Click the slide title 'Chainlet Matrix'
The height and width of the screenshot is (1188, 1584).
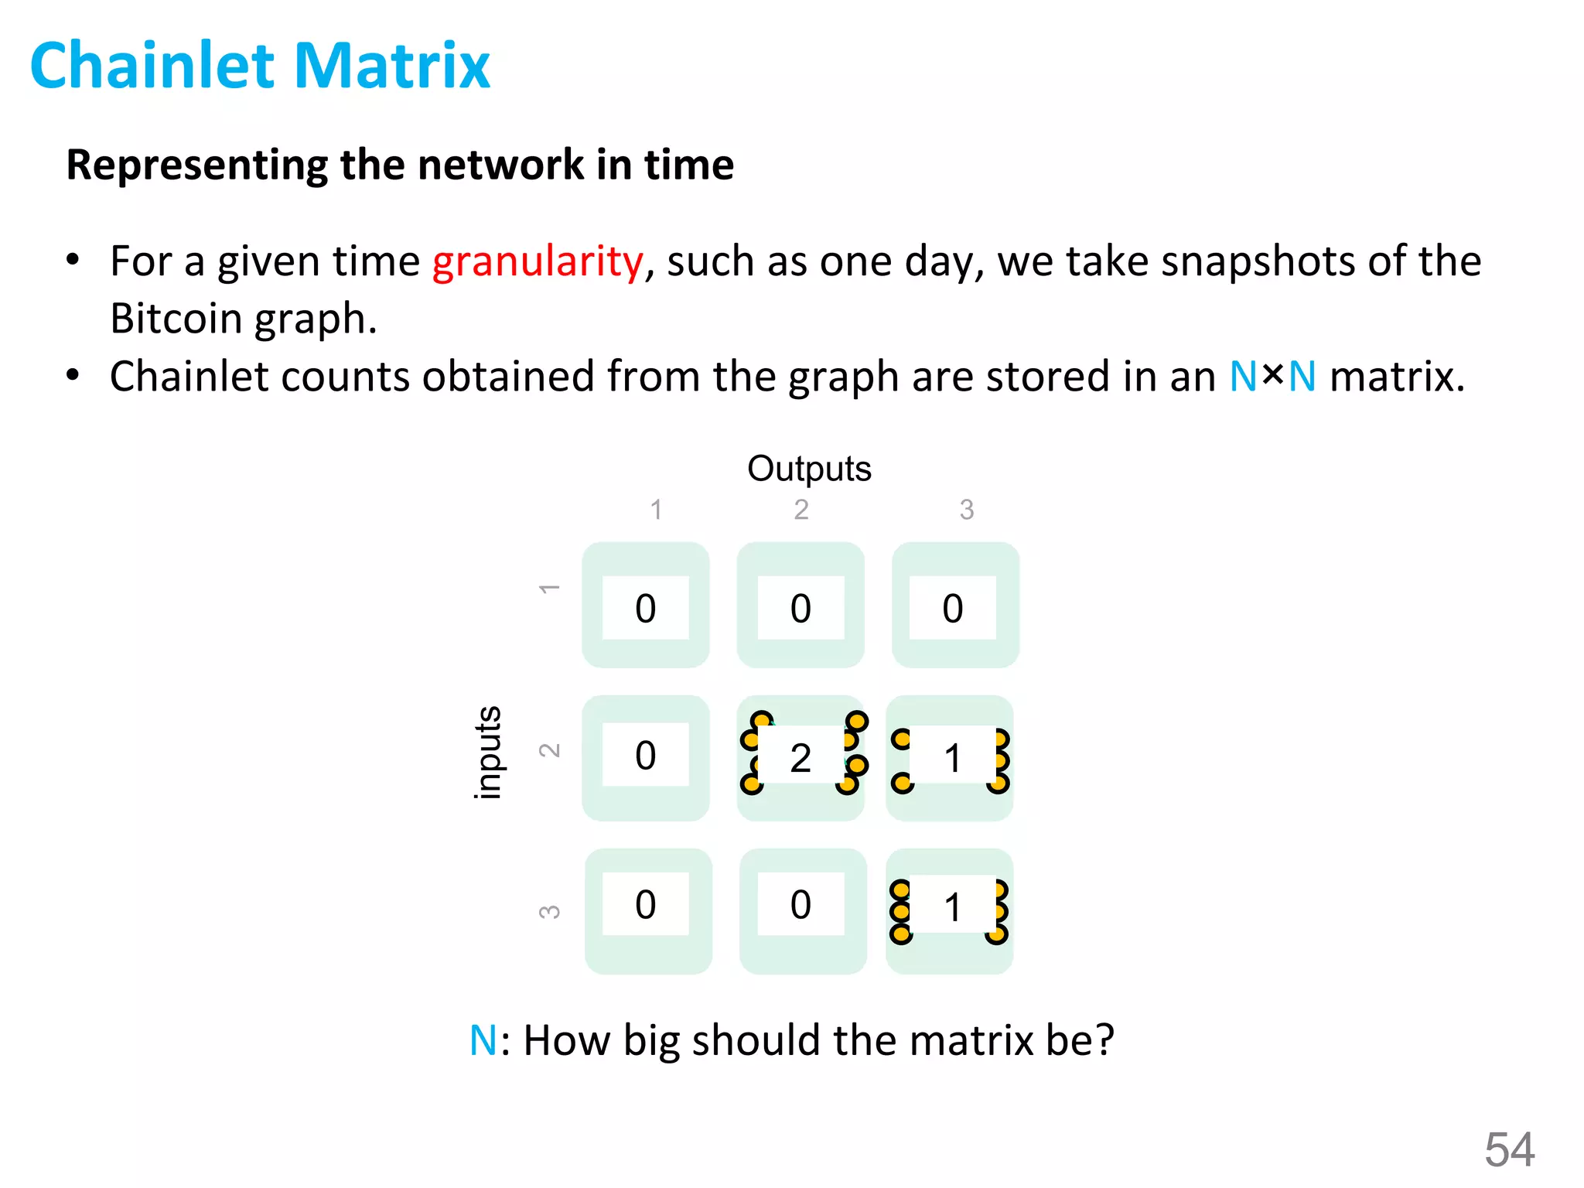tap(260, 66)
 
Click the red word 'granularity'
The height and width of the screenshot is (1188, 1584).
tap(538, 261)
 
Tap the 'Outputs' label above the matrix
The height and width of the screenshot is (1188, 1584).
tap(809, 469)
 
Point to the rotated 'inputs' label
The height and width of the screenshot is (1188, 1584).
tap(487, 753)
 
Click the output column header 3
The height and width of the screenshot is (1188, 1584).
tap(966, 510)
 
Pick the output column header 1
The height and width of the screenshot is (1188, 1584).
tap(656, 510)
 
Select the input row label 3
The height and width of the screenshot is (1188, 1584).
tap(549, 911)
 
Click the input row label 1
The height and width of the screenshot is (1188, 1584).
tap(549, 589)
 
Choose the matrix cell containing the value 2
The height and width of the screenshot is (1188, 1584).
tap(801, 758)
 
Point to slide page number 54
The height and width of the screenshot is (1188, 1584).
tap(1509, 1149)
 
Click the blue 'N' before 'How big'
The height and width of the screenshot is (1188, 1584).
tap(483, 1040)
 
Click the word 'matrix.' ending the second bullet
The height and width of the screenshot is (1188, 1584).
tap(1397, 377)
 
